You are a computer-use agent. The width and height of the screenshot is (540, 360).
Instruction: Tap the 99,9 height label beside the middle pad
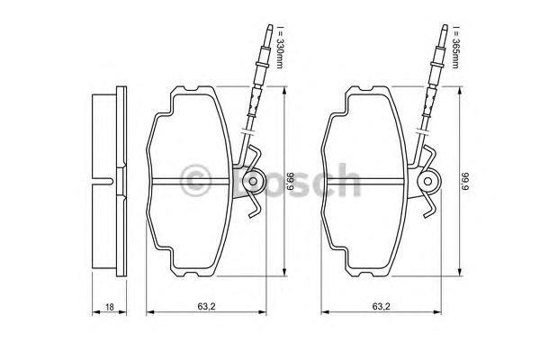tap(291, 182)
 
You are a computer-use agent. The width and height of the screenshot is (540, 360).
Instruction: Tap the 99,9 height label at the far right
tap(465, 182)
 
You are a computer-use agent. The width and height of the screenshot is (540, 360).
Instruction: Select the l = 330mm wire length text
tap(279, 47)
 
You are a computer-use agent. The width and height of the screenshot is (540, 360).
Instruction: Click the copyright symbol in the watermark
tap(195, 180)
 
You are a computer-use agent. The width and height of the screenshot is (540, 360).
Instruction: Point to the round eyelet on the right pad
tap(428, 181)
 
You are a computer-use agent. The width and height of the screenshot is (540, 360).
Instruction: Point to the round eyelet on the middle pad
tap(253, 181)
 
